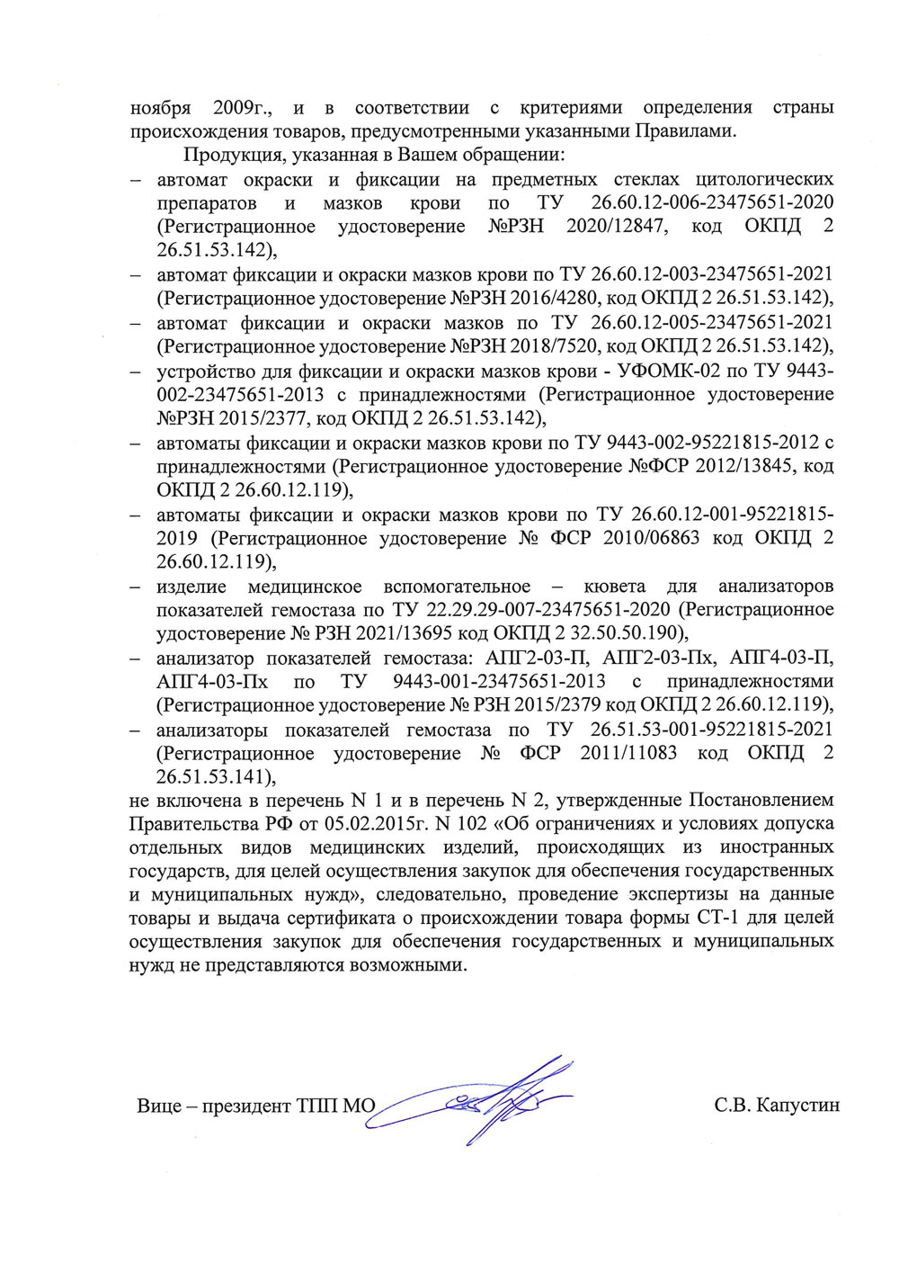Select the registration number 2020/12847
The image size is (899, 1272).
[617, 227]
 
